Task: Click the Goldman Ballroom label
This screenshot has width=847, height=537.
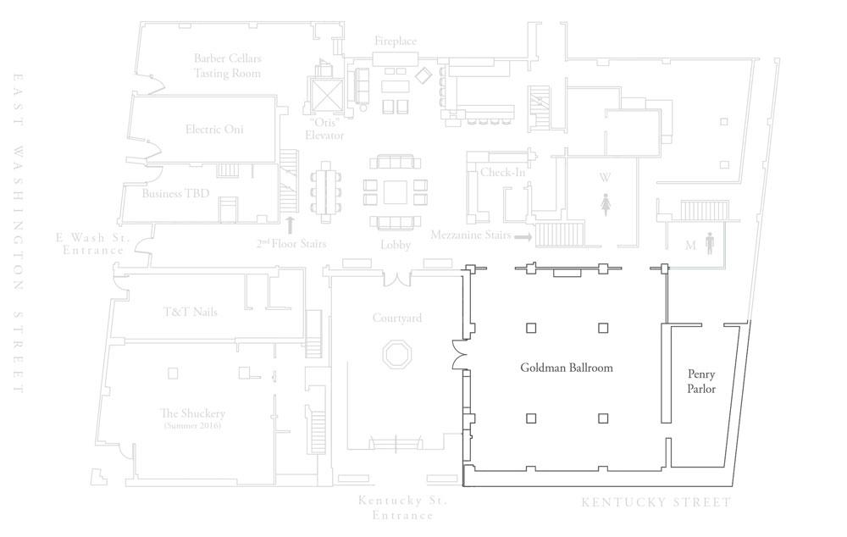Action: click(x=567, y=368)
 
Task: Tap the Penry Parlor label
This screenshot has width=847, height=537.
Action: click(x=701, y=381)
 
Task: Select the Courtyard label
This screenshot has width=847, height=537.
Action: click(x=397, y=318)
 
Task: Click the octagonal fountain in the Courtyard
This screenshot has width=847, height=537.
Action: click(x=397, y=355)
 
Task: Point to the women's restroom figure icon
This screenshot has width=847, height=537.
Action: click(x=606, y=205)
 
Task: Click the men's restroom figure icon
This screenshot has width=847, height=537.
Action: click(x=709, y=244)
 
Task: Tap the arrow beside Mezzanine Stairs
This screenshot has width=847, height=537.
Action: click(x=523, y=236)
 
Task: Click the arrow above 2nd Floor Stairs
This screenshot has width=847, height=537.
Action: click(x=290, y=224)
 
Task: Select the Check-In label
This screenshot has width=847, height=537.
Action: click(x=502, y=172)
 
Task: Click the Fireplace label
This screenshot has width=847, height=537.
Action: click(x=396, y=41)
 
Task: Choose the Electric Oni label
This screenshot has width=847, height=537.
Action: click(x=214, y=129)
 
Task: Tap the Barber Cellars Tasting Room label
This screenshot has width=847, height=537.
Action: click(x=227, y=65)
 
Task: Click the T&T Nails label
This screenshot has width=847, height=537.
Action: click(x=190, y=312)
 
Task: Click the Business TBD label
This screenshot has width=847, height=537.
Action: click(x=175, y=193)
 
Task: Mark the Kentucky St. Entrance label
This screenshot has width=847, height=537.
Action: click(x=403, y=508)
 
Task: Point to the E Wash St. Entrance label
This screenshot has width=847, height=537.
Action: click(x=93, y=244)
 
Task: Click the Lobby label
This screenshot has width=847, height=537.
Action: click(x=396, y=245)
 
